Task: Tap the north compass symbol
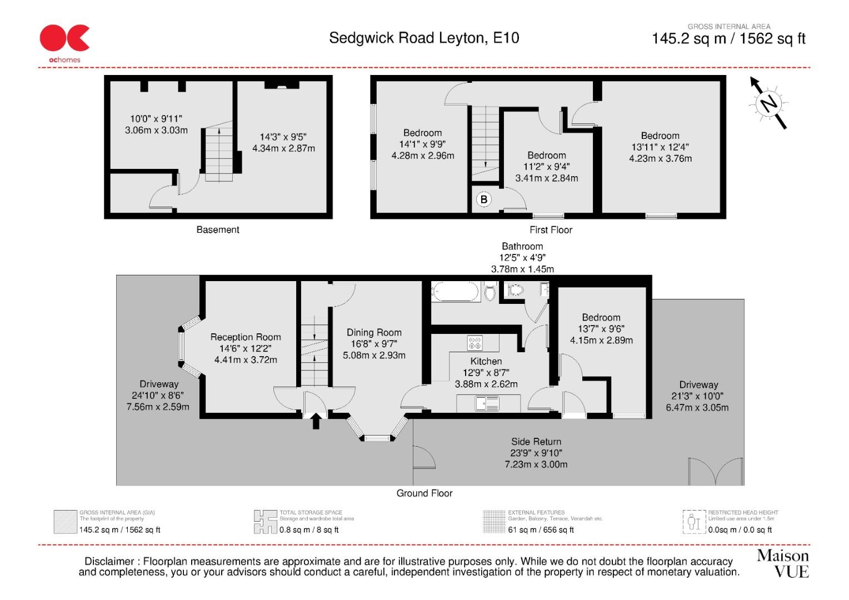pyautogui.click(x=768, y=103)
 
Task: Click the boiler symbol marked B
pyautogui.click(x=483, y=199)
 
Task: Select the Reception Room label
pyautogui.click(x=246, y=337)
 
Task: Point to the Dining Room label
pyautogui.click(x=374, y=332)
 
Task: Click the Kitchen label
pyautogui.click(x=486, y=361)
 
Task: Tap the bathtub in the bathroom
pyautogui.click(x=455, y=292)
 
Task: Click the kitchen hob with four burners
pyautogui.click(x=475, y=343)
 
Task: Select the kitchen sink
pyautogui.click(x=487, y=403)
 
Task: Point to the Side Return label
pyautogui.click(x=536, y=442)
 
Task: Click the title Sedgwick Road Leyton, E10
pyautogui.click(x=424, y=38)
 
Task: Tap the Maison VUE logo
pyautogui.click(x=782, y=563)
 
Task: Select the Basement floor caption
pyautogui.click(x=218, y=229)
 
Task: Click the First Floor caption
pyautogui.click(x=550, y=229)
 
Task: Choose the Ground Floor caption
pyautogui.click(x=425, y=493)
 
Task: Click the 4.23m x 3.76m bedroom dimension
pyautogui.click(x=660, y=158)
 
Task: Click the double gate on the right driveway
pyautogui.click(x=716, y=472)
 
